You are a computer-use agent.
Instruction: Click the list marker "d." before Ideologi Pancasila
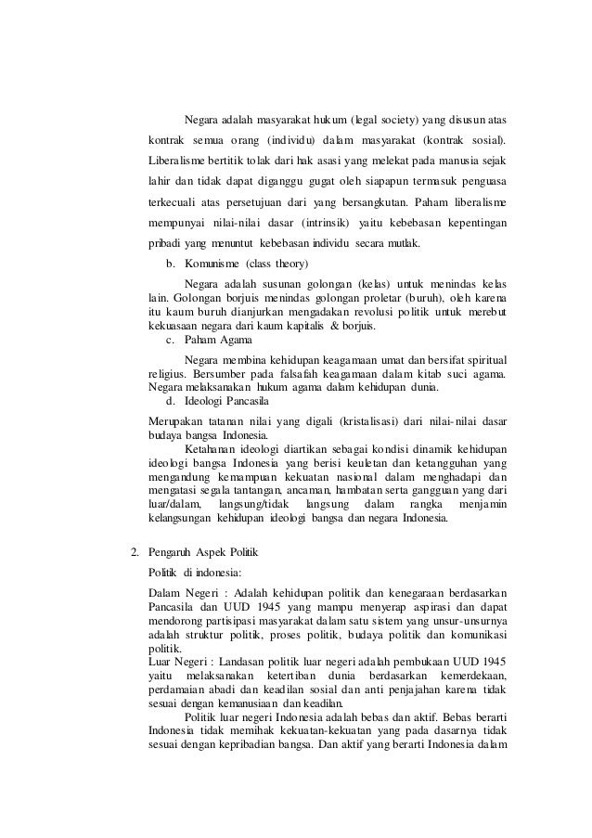pyautogui.click(x=171, y=401)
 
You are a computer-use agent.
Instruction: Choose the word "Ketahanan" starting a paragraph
pyautogui.click(x=210, y=449)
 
